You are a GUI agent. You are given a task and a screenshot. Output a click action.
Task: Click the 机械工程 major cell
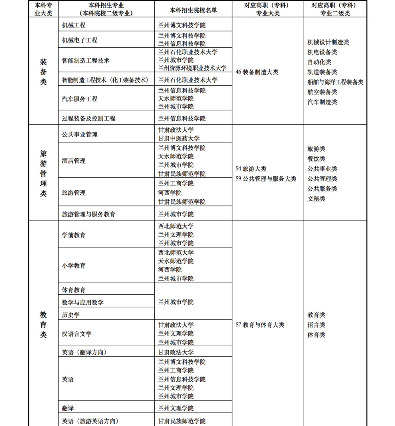[x=74, y=25]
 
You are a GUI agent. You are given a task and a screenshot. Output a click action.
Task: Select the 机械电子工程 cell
[x=79, y=40]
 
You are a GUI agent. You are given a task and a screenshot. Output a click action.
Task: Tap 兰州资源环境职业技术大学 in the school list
[x=192, y=68]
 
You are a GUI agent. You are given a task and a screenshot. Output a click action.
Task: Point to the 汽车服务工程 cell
[x=79, y=99]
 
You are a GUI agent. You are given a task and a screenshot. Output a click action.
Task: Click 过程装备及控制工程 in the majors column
[x=89, y=118]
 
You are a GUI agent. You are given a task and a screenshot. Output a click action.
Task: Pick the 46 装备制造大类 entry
[x=257, y=72]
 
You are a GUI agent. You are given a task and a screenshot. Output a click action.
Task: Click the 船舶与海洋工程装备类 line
[x=335, y=82]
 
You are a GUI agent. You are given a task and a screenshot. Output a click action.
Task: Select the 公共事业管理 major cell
[x=79, y=134]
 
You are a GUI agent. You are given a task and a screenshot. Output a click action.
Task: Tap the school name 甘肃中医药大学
[x=179, y=138]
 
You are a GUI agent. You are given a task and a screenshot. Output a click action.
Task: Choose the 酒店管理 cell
[x=74, y=161]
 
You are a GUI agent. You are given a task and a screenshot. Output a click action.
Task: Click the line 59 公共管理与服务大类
[x=266, y=179]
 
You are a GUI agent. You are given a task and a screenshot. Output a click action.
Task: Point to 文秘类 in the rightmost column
[x=316, y=199]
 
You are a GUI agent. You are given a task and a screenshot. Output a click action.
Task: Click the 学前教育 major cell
[x=74, y=235]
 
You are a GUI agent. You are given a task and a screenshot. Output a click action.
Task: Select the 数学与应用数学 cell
[x=83, y=302]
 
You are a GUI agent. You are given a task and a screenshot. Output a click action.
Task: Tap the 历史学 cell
[x=71, y=315]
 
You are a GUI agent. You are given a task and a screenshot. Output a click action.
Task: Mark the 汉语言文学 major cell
[x=76, y=334]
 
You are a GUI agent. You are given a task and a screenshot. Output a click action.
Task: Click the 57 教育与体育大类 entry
[x=260, y=325]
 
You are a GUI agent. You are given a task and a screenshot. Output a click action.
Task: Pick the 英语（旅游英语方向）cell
[x=90, y=421]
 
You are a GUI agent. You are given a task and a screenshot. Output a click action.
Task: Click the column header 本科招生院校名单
[x=193, y=10]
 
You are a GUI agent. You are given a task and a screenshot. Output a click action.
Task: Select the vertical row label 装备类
[x=43, y=72]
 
